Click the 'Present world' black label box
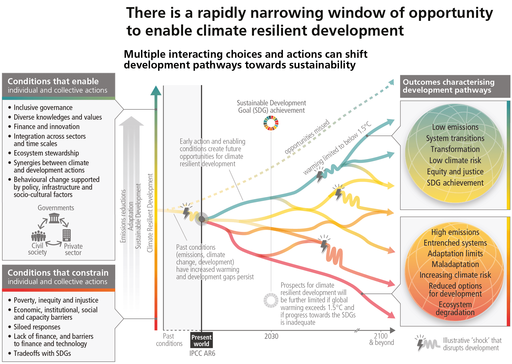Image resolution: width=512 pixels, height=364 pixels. click(201, 340)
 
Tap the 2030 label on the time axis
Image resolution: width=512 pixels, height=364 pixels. click(271, 336)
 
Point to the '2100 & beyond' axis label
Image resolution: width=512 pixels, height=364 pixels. click(381, 339)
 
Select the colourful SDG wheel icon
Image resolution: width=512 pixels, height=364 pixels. click(271, 123)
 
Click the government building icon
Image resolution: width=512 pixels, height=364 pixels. click(54, 218)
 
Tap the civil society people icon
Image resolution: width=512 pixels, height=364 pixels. click(39, 236)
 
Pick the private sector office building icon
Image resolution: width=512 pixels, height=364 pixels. click(67, 235)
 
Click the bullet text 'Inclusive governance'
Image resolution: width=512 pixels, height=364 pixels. click(43, 108)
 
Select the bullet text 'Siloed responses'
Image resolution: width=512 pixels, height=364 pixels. click(37, 327)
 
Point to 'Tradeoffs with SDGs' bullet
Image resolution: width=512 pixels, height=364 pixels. click(42, 353)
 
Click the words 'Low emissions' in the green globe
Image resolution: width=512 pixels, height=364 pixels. click(455, 127)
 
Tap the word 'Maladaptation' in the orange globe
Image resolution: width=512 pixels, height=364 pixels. click(455, 264)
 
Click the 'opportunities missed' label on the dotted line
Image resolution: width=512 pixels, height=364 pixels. click(307, 137)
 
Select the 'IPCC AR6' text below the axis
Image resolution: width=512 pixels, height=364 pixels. click(202, 353)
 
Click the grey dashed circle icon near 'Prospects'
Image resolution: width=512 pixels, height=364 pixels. click(271, 300)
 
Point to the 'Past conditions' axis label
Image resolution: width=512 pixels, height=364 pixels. click(169, 340)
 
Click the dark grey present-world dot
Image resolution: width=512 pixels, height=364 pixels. click(202, 219)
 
